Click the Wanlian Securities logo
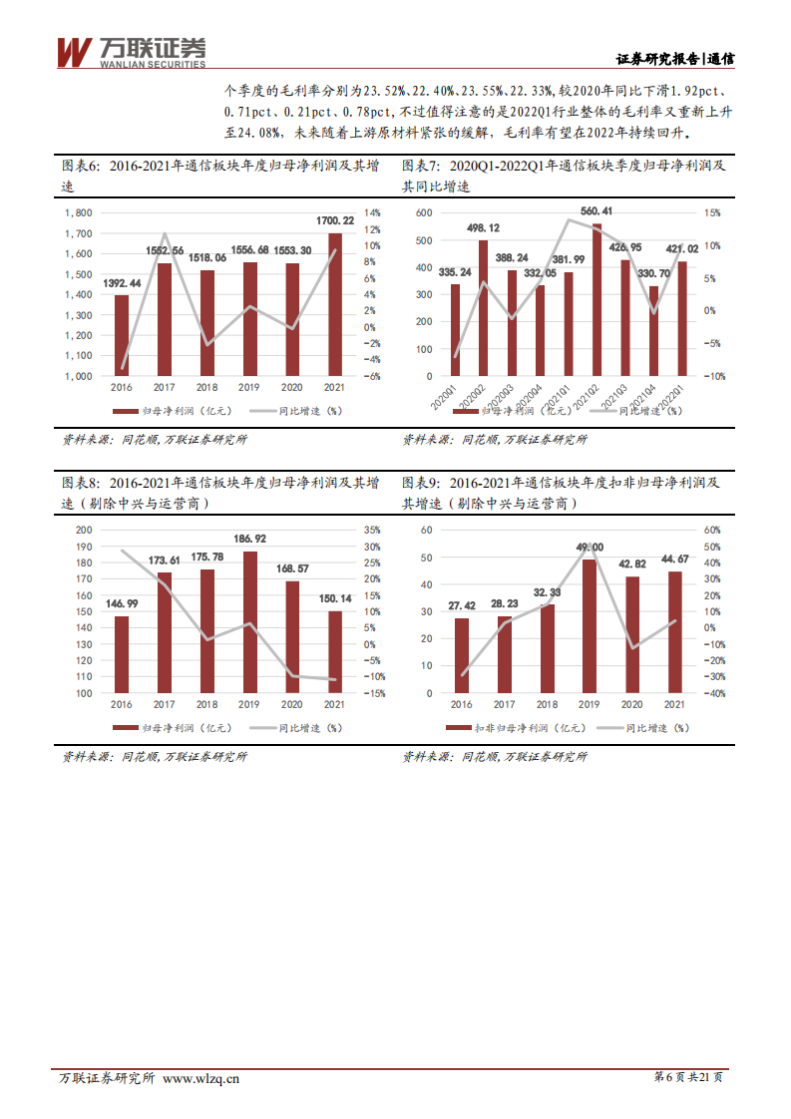[x=131, y=52]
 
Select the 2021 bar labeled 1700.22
[x=334, y=304]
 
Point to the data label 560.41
[x=595, y=211]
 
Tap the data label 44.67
[x=675, y=559]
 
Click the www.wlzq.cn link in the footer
[x=200, y=1077]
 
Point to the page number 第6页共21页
[x=688, y=1077]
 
